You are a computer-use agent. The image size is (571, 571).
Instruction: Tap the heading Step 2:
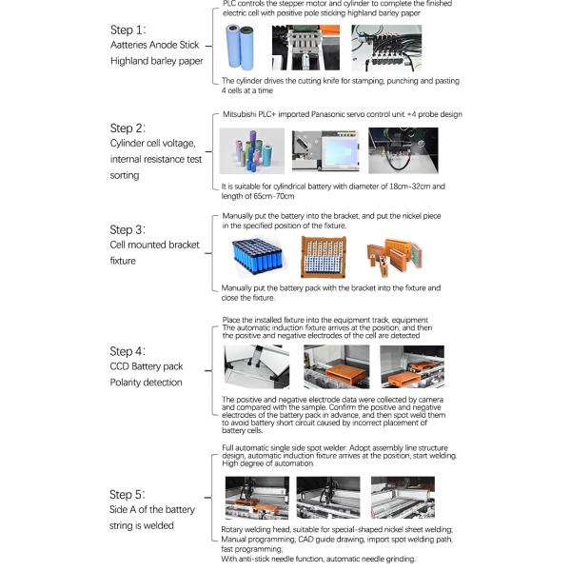(128, 128)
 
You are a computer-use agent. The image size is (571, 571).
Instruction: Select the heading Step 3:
(128, 229)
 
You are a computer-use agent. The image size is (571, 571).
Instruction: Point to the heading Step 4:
(128, 351)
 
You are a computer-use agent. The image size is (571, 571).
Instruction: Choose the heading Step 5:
(128, 494)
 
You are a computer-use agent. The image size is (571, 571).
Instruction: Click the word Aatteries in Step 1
(134, 45)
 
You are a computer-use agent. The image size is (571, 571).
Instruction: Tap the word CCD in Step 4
(121, 366)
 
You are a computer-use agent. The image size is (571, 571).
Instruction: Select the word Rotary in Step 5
(235, 528)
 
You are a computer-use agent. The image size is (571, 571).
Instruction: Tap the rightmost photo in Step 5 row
(402, 496)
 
